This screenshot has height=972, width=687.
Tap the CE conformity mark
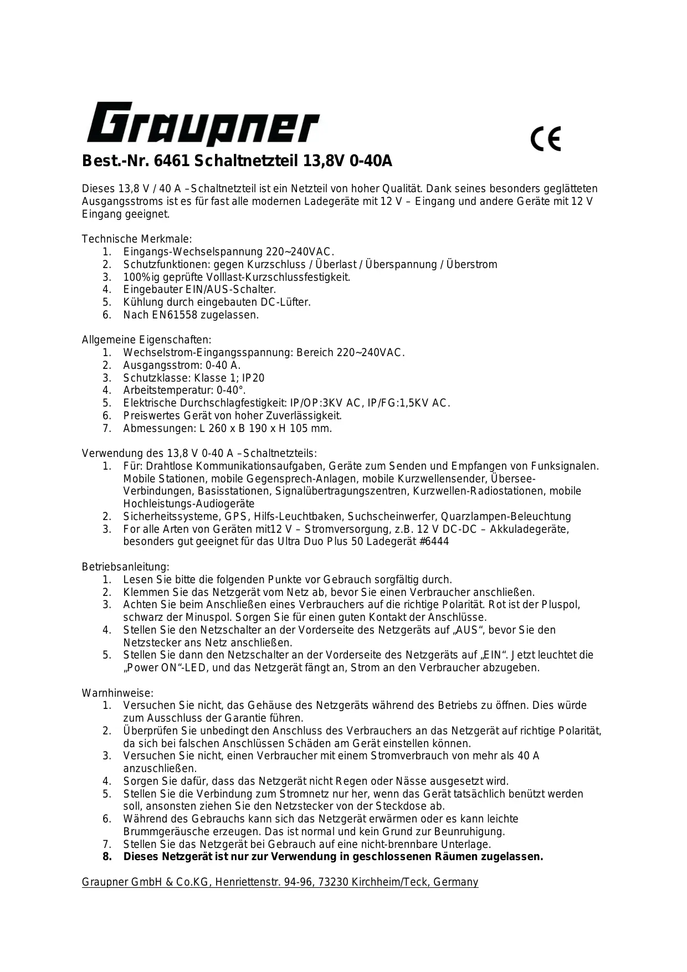(546, 138)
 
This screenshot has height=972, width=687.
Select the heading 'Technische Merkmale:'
(137, 239)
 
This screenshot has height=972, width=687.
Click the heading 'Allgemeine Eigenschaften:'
(146, 340)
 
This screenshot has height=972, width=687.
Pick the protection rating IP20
(253, 378)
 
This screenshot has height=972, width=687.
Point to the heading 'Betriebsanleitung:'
(125, 567)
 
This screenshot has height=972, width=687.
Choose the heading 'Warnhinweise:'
(117, 693)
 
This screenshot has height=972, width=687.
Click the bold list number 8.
(107, 857)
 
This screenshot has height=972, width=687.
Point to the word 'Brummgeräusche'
(164, 832)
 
